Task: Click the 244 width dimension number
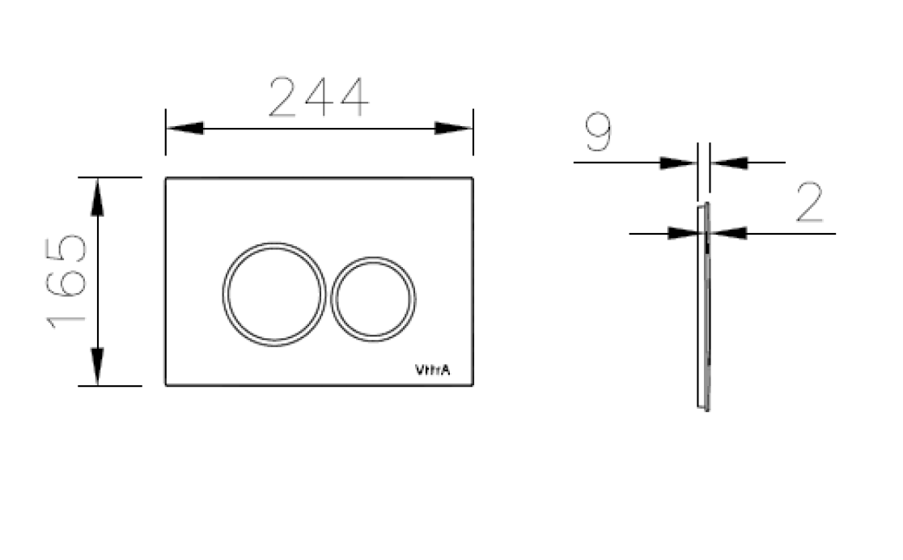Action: point(318,98)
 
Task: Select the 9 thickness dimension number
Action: point(598,134)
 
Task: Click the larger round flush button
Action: point(274,294)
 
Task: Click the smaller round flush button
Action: point(374,298)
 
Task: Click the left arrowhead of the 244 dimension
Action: point(184,129)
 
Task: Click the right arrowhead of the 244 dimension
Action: point(453,129)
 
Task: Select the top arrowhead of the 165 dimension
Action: point(97,197)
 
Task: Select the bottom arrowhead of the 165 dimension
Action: point(97,367)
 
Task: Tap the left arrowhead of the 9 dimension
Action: point(678,163)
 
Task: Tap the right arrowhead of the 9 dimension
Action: point(728,163)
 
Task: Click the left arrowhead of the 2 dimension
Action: point(683,234)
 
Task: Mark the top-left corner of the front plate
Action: point(167,178)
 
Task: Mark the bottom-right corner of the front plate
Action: point(473,384)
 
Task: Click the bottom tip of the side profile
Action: point(705,409)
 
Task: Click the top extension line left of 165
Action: point(110,177)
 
